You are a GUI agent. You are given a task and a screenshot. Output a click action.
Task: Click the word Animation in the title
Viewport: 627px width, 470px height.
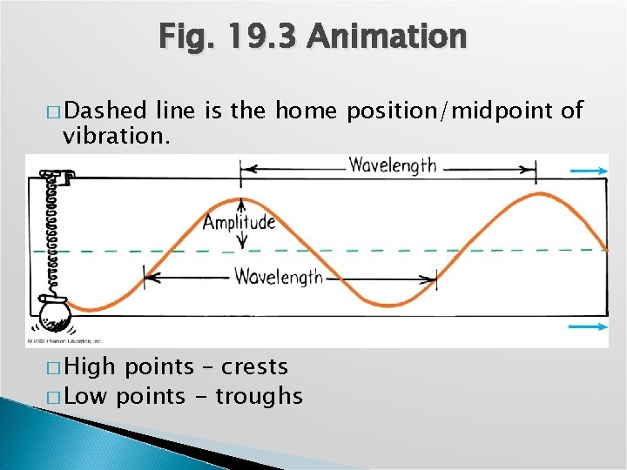pos(388,37)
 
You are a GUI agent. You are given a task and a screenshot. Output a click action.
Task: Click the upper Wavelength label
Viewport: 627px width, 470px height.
pos(393,165)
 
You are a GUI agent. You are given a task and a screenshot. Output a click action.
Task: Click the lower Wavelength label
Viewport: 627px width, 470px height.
pos(278,278)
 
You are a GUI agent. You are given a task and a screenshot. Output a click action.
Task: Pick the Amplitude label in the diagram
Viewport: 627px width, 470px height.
pos(239,222)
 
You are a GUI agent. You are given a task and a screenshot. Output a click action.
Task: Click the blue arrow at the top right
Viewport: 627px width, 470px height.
pos(589,172)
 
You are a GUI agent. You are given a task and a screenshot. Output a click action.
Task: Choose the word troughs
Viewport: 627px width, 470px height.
pos(259,397)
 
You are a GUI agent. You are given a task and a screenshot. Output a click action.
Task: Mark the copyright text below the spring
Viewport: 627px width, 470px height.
pos(65,341)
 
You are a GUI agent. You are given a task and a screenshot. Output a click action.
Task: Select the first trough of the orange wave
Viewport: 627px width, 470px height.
pos(389,306)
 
